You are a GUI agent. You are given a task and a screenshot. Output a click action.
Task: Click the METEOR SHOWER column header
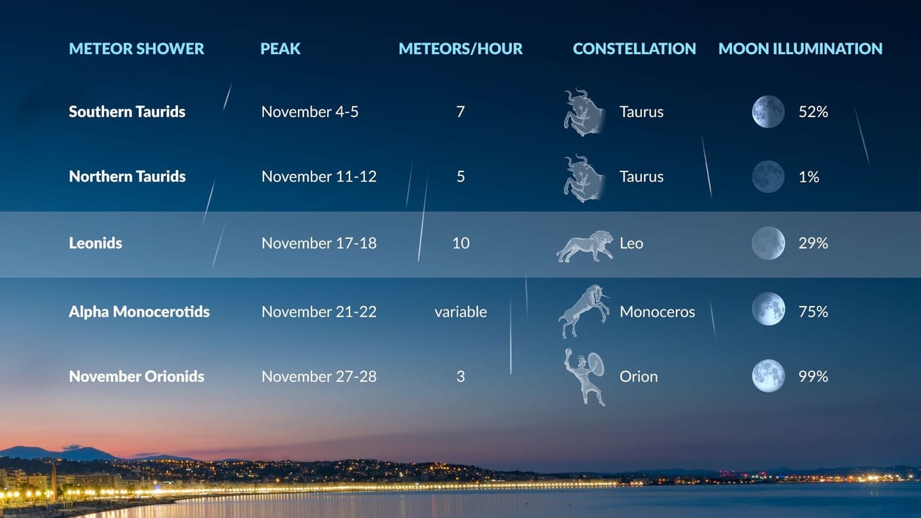(x=136, y=49)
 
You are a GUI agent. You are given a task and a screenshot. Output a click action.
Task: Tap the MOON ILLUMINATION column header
(x=800, y=49)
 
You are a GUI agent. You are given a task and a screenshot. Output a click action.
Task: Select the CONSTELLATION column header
(x=634, y=49)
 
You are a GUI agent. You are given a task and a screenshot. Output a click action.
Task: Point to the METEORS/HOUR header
(x=460, y=49)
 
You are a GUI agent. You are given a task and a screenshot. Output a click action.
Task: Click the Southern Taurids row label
(x=127, y=112)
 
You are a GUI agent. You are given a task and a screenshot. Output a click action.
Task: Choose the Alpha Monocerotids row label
(x=139, y=311)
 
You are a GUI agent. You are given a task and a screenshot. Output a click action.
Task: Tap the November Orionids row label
(x=136, y=376)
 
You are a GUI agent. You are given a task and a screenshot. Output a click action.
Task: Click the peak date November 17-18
(x=319, y=243)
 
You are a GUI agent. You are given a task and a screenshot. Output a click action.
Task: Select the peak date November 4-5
(x=309, y=112)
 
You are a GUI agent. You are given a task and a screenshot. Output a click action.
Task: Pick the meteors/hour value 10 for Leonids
(x=460, y=243)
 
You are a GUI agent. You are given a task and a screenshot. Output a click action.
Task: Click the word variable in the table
(x=460, y=311)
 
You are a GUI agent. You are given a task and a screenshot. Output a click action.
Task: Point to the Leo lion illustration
(x=584, y=246)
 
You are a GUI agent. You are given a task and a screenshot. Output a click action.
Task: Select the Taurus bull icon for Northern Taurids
(x=584, y=178)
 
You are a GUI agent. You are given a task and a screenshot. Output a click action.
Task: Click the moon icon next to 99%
(x=768, y=376)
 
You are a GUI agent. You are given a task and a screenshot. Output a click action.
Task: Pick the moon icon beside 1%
(x=768, y=177)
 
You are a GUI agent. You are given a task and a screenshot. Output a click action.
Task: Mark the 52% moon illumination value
(x=813, y=112)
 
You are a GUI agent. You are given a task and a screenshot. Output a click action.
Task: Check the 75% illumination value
(x=813, y=311)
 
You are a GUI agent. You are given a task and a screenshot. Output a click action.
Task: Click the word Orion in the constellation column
(x=638, y=376)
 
